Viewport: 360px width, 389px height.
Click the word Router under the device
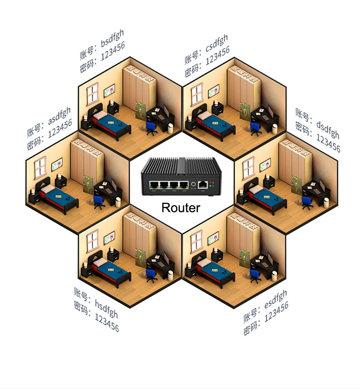pyautogui.click(x=181, y=208)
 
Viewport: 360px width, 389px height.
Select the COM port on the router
pyautogui.click(x=203, y=185)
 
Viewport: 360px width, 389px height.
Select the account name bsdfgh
pyautogui.click(x=112, y=38)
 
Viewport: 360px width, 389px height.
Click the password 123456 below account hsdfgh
pyautogui.click(x=107, y=322)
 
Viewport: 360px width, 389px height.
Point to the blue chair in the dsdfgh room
pyautogui.click(x=307, y=203)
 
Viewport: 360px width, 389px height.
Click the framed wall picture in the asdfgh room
pyautogui.click(x=57, y=164)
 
